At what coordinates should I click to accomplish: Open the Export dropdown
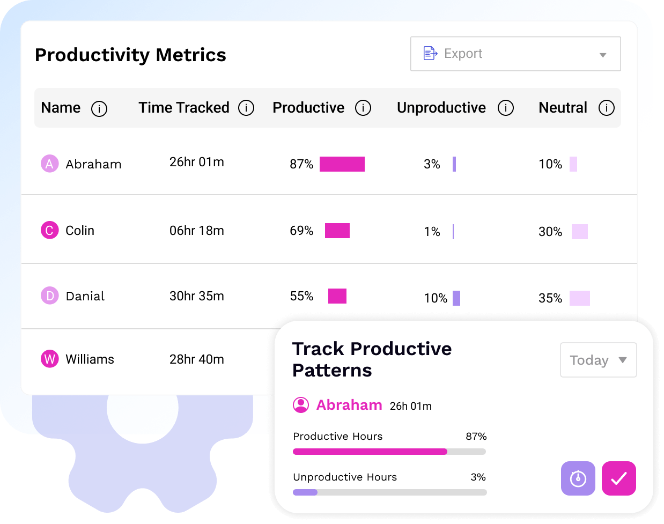click(x=515, y=54)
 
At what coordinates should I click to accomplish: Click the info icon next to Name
click(x=99, y=109)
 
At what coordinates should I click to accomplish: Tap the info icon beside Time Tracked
click(x=246, y=108)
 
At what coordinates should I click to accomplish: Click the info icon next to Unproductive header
click(x=506, y=108)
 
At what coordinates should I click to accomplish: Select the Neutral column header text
click(x=563, y=108)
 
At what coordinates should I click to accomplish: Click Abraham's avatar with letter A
click(x=50, y=164)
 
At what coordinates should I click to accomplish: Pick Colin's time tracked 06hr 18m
click(x=196, y=231)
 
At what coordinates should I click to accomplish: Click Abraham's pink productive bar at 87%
click(x=342, y=164)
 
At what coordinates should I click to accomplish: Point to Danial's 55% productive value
click(x=301, y=296)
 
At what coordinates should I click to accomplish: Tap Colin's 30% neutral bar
click(x=579, y=232)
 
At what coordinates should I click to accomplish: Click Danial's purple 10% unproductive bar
click(x=456, y=298)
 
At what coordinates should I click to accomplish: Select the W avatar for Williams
click(x=50, y=359)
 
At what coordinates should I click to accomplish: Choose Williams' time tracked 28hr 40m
click(x=196, y=359)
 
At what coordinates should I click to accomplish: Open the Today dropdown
click(x=598, y=360)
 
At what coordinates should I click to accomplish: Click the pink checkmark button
click(x=618, y=478)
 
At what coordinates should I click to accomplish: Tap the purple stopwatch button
click(x=578, y=478)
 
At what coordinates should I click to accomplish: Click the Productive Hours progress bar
click(x=389, y=452)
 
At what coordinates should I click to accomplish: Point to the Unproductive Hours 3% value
click(x=478, y=477)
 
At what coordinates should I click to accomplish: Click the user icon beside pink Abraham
click(x=301, y=405)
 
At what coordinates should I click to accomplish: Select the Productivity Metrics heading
click(x=130, y=55)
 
